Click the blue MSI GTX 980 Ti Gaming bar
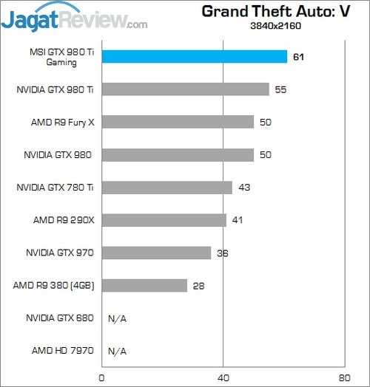pos(194,57)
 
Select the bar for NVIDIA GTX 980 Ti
pos(185,89)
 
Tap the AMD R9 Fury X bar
pos(178,122)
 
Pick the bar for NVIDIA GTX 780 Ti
pos(167,188)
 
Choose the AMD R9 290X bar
pos(164,220)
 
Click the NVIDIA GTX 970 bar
pos(156,253)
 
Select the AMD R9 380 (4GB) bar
pos(144,285)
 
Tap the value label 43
pos(244,188)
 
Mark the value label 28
pos(198,285)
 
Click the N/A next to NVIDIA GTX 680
pos(117,318)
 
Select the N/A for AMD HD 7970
pos(117,351)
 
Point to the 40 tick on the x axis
pos(223,376)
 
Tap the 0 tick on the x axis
pos(102,376)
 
